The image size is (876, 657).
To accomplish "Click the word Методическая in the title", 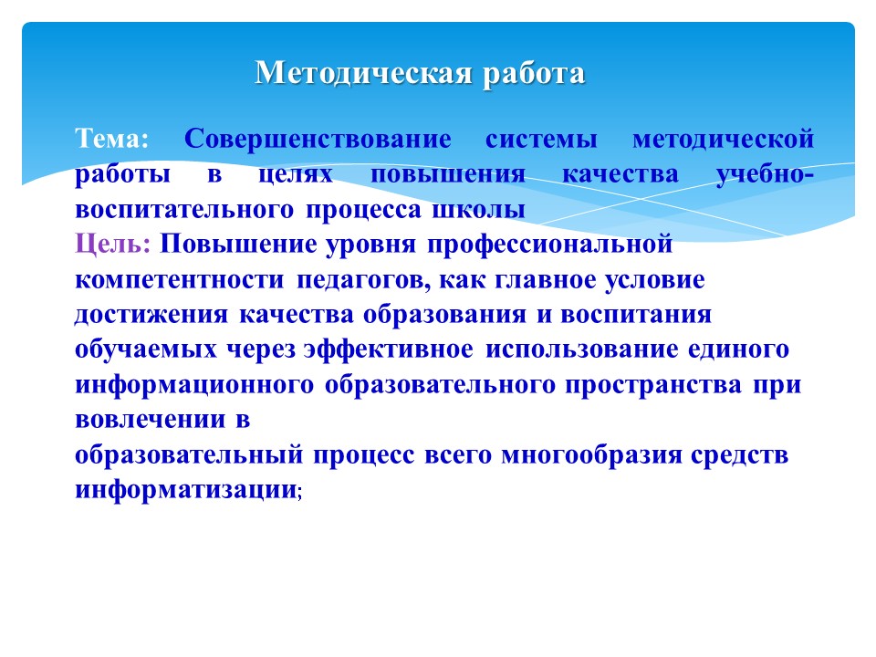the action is tap(363, 74).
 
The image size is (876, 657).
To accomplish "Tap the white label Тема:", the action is tap(111, 139).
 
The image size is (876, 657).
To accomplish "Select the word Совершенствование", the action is tap(318, 139).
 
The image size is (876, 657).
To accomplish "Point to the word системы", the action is tap(541, 140).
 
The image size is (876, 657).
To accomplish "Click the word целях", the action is tap(296, 175).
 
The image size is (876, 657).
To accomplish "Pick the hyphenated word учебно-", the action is tap(765, 173).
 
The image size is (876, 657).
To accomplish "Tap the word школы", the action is tap(479, 210).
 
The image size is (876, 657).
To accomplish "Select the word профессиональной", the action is tap(549, 245).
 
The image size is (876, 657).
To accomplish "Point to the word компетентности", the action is tap(180, 280).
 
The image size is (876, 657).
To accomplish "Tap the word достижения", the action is tap(151, 316).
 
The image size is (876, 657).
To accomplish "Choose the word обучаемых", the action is tap(146, 350).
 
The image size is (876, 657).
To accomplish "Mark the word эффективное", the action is tap(389, 350).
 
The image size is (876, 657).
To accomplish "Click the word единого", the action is tap(738, 350).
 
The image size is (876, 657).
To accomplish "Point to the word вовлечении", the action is tap(151, 420).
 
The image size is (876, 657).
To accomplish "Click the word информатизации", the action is tap(186, 490).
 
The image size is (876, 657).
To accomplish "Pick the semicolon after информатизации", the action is tap(300, 494).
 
